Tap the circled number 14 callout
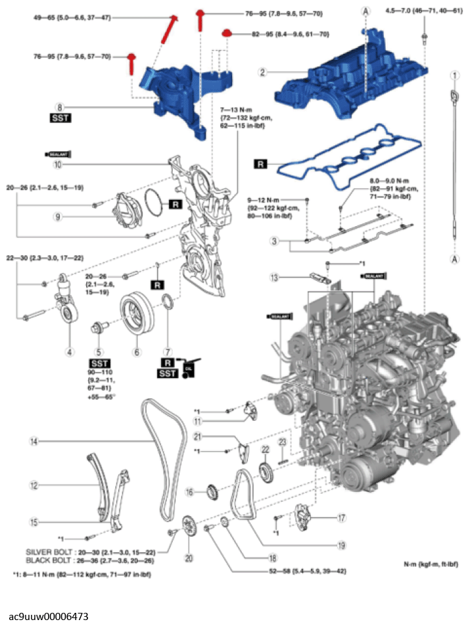click(x=33, y=443)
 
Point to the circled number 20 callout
click(x=190, y=558)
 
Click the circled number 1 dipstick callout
click(x=454, y=76)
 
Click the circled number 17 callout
click(x=341, y=518)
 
